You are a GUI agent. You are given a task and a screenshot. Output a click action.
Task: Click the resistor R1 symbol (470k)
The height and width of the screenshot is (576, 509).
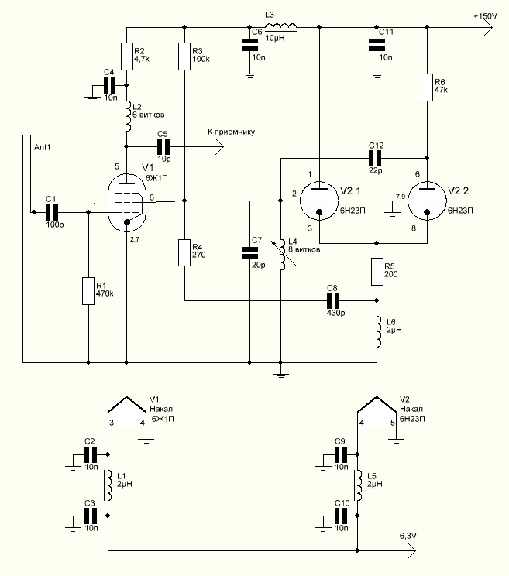(88, 291)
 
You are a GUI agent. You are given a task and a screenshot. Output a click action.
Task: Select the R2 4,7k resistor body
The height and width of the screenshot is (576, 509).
(126, 57)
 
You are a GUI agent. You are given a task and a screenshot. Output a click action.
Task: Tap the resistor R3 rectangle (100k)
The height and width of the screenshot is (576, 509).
(184, 57)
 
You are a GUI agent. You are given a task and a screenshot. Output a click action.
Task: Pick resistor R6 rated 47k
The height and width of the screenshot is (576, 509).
(427, 87)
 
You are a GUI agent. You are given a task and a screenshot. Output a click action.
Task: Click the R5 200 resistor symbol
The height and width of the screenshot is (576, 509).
(377, 272)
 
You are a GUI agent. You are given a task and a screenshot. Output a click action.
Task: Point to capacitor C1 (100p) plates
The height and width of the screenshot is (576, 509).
(52, 212)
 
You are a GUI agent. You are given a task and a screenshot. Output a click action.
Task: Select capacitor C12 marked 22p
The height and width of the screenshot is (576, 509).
(375, 159)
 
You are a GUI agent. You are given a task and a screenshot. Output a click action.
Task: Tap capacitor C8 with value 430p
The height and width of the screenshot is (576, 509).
(333, 301)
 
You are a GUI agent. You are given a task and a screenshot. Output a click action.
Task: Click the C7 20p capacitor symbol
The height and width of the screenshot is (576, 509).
(249, 252)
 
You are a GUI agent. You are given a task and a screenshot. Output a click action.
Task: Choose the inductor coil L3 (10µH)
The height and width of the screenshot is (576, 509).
(280, 26)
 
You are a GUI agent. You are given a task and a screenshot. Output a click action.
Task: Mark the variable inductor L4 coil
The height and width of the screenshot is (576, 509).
(282, 255)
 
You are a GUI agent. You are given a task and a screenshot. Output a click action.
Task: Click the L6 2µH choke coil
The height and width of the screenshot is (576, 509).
(377, 331)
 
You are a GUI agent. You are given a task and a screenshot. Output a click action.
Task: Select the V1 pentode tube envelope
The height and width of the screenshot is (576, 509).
(126, 202)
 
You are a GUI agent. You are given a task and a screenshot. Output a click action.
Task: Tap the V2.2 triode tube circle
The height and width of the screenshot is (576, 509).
(427, 201)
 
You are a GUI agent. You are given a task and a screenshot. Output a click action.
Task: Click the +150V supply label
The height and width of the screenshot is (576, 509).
(485, 16)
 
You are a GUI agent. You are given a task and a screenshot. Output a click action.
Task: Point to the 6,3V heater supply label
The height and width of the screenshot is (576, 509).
(408, 536)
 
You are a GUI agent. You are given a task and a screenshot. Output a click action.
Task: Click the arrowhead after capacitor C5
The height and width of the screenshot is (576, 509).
(219, 147)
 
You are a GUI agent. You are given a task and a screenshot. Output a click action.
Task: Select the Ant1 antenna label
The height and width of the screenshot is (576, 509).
(43, 147)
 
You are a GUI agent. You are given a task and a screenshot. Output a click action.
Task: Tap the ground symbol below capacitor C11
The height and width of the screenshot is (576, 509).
(377, 76)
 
